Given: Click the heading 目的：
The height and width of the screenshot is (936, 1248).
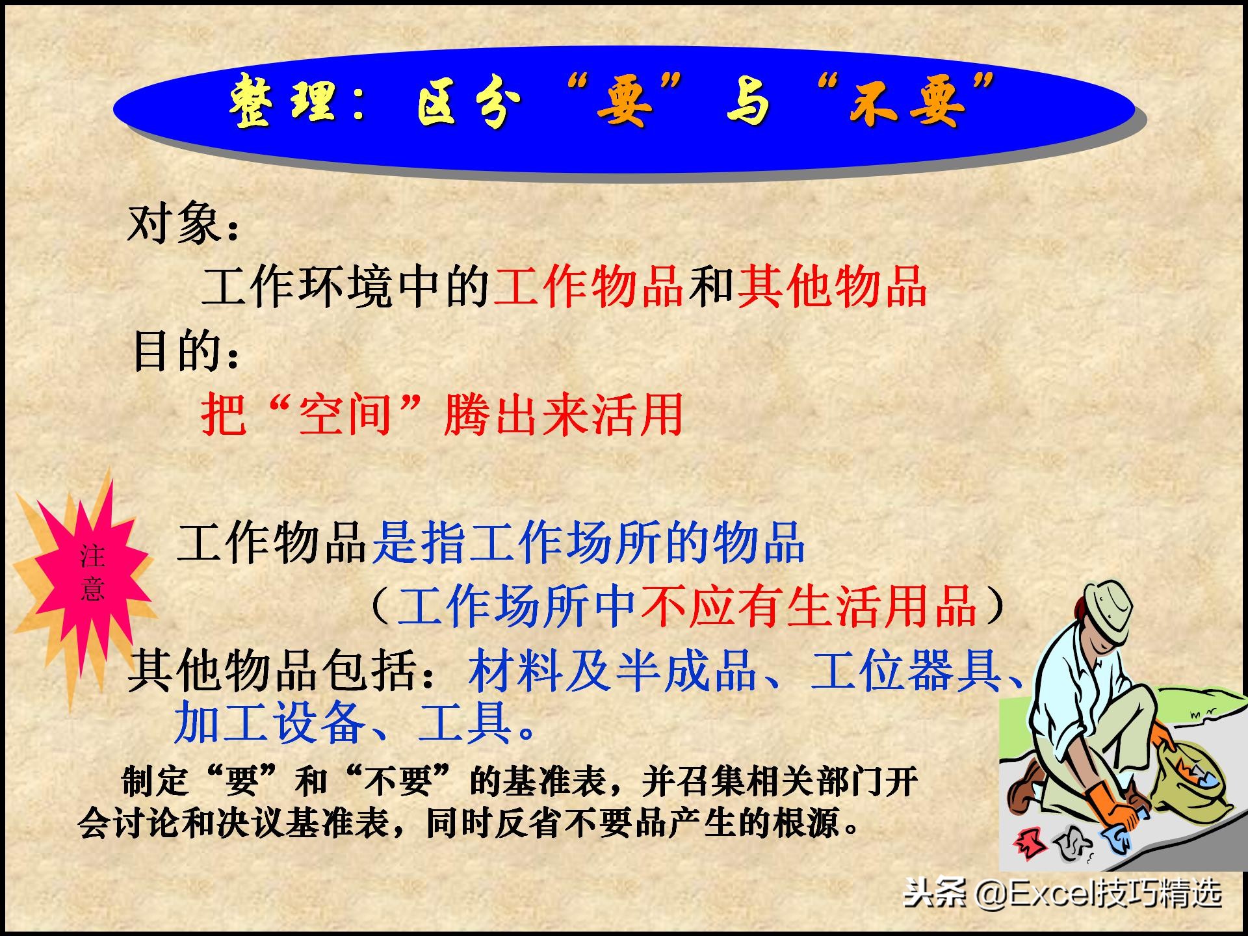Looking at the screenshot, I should click(186, 351).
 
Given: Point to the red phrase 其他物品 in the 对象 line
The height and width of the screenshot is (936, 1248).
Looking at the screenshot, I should click(832, 286).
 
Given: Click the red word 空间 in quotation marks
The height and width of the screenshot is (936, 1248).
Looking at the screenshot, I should click(344, 414).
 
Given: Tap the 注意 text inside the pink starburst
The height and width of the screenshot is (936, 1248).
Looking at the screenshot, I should click(92, 572).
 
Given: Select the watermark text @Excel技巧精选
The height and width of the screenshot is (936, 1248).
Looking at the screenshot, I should click(1098, 894).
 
